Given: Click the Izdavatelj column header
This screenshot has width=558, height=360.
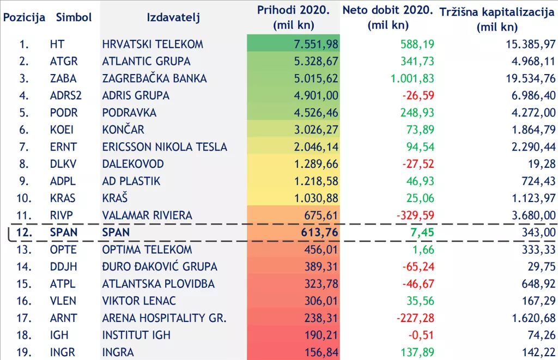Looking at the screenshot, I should (x=173, y=17).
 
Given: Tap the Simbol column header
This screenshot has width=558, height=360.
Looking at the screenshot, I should (x=74, y=17).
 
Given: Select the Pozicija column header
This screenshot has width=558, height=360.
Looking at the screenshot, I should (x=24, y=17).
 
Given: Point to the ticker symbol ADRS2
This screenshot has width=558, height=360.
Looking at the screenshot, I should (x=65, y=95).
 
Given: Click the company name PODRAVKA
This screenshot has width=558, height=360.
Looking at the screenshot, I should (x=129, y=113).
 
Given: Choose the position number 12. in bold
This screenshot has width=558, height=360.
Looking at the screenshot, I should (x=28, y=233).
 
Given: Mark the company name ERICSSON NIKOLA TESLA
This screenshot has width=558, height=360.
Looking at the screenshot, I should (x=165, y=147).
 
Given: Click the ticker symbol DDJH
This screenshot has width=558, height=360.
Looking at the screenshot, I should (x=63, y=267).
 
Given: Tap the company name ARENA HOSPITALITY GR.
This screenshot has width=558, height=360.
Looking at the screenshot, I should (x=164, y=318).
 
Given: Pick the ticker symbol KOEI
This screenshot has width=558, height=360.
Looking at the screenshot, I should (x=62, y=130).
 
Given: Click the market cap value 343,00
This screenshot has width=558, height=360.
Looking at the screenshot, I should (x=540, y=233).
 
